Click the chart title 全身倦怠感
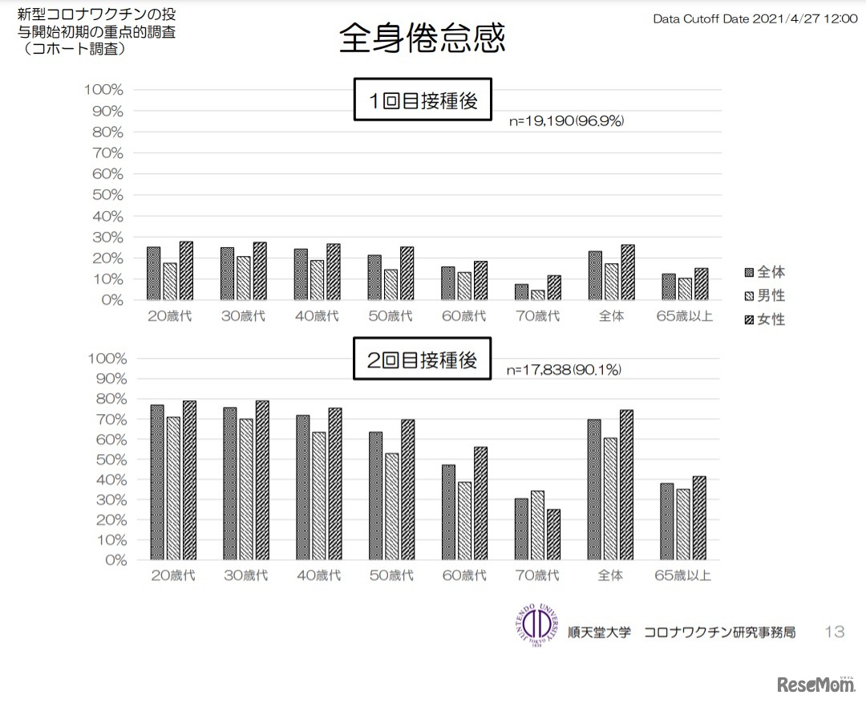[x=422, y=38]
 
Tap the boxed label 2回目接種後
[x=423, y=360]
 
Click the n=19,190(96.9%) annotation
[x=566, y=121]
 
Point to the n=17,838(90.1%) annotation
[x=564, y=370]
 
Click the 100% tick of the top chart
[x=103, y=90]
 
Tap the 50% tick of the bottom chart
[x=105, y=459]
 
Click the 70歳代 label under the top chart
[x=537, y=315]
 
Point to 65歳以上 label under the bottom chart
[x=683, y=575]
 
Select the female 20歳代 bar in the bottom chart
[x=189, y=480]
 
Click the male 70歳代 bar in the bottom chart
[x=537, y=525]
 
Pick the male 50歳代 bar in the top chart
[x=391, y=284]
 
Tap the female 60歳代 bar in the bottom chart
[x=480, y=503]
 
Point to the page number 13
[x=834, y=632]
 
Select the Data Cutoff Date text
[x=755, y=18]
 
